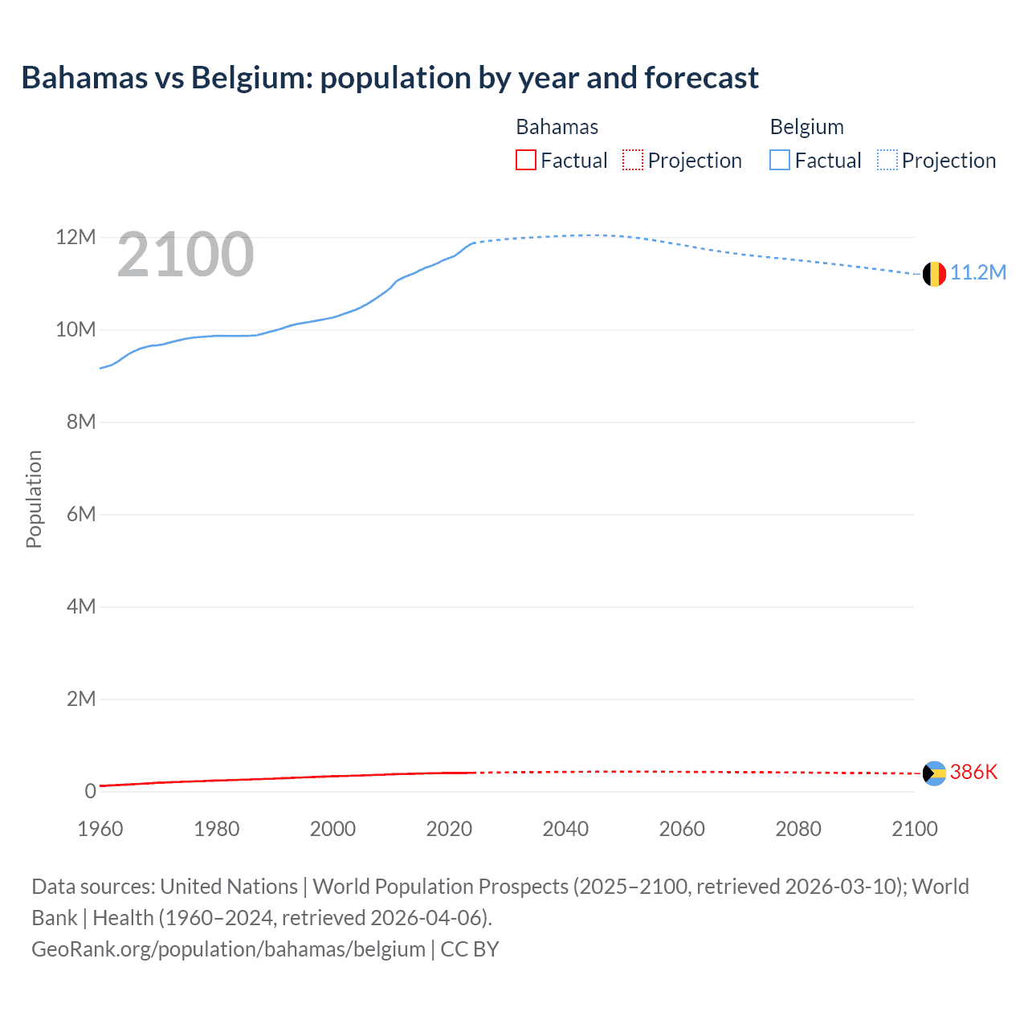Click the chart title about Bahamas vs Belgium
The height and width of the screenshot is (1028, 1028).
click(x=390, y=78)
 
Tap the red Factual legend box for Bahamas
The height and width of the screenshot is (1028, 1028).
click(x=526, y=161)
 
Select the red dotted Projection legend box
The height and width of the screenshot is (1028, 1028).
click(x=633, y=161)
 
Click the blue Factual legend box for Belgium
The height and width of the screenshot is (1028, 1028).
click(x=780, y=161)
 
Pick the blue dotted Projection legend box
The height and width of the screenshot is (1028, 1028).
click(x=887, y=161)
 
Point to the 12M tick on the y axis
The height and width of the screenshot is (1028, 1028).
click(x=75, y=237)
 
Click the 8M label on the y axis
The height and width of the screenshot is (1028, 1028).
click(x=81, y=422)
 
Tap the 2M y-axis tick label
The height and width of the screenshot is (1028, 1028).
click(x=81, y=699)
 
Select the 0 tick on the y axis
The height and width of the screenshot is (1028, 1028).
click(x=90, y=791)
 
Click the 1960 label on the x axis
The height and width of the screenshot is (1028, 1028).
click(x=100, y=829)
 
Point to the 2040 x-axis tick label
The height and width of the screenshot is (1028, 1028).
click(x=565, y=829)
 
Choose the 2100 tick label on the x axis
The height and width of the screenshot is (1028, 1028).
click(x=914, y=829)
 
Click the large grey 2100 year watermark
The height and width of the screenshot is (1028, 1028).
click(x=186, y=255)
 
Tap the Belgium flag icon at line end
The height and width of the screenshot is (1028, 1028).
click(x=934, y=274)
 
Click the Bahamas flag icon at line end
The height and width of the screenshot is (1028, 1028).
click(x=934, y=773)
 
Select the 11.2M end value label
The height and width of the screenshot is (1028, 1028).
click(x=978, y=273)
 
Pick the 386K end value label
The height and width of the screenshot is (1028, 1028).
click(x=973, y=773)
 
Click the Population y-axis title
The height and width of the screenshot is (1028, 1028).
click(x=34, y=499)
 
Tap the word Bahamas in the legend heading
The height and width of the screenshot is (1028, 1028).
click(x=557, y=127)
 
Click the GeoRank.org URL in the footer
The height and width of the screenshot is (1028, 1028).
click(x=228, y=949)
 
